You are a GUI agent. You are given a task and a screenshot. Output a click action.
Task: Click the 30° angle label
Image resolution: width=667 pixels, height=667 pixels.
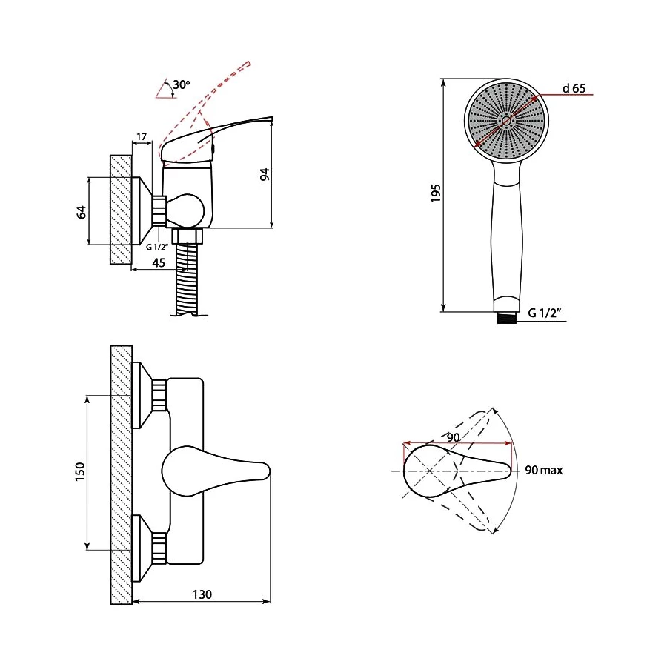click(182, 84)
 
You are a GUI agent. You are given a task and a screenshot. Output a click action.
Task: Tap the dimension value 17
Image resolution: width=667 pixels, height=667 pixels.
click(142, 136)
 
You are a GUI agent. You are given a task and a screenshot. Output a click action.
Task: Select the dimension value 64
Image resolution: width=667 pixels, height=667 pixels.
click(82, 212)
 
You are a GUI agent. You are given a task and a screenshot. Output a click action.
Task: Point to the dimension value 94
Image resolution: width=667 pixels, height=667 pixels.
click(265, 174)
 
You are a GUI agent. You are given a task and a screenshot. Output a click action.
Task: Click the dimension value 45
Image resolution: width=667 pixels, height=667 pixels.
click(159, 263)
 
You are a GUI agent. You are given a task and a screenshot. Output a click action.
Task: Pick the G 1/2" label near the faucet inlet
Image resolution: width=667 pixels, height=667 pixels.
click(157, 247)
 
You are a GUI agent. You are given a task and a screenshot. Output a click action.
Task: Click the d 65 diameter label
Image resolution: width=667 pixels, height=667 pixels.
click(574, 88)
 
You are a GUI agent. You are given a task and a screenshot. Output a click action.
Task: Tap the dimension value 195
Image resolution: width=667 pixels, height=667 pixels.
click(436, 193)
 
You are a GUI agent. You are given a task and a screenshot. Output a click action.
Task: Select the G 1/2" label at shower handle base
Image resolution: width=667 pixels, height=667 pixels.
click(545, 313)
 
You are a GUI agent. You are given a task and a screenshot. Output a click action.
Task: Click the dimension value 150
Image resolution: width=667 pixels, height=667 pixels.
click(80, 472)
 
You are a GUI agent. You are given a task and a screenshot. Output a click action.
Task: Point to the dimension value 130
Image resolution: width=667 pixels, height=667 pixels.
click(202, 594)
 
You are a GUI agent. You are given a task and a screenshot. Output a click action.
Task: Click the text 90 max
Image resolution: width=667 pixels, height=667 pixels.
click(544, 470)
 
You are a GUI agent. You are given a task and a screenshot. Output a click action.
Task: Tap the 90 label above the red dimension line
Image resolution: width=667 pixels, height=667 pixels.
click(454, 437)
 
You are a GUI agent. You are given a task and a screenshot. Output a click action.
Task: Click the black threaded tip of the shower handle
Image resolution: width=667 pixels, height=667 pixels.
click(507, 318)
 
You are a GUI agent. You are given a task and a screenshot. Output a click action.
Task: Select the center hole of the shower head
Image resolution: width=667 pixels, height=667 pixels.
click(506, 122)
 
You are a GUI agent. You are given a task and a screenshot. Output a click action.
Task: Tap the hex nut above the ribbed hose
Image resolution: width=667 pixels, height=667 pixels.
click(187, 236)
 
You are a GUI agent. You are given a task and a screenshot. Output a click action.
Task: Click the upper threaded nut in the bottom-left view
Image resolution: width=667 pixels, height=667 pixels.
click(159, 395)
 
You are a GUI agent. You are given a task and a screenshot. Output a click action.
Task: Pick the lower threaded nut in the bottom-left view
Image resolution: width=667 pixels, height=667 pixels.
click(159, 548)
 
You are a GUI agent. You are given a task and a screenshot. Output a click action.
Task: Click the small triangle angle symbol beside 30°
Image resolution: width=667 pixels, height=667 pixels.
click(166, 88)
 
